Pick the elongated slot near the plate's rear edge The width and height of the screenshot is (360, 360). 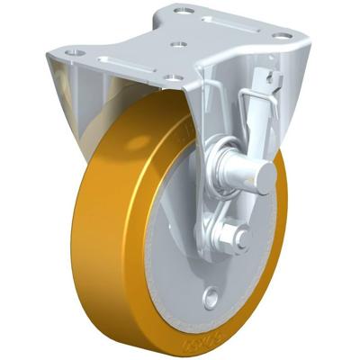tap(236, 20)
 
